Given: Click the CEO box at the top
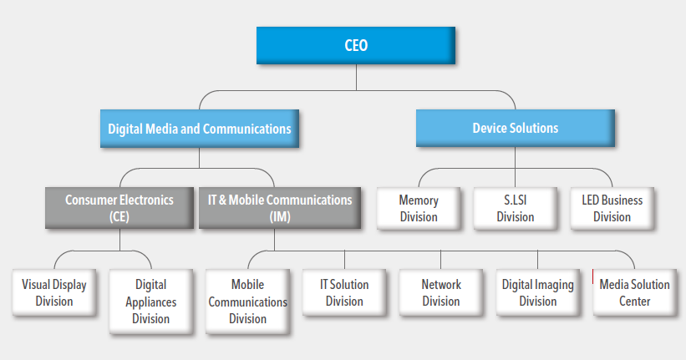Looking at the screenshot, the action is tap(356, 45).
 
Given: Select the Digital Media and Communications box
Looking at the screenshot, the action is tap(200, 129).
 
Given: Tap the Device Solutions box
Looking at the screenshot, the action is tap(516, 128).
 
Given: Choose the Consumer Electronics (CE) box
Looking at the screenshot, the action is tap(119, 208).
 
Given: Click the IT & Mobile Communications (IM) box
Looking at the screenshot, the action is tap(280, 208).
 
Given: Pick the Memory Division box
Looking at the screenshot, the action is tap(419, 208).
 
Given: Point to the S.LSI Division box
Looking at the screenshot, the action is tap(516, 208).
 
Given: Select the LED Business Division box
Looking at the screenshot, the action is tap(612, 208).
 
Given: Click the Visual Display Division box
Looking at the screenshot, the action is tap(54, 292).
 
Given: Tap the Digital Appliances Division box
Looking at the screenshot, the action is tap(151, 302).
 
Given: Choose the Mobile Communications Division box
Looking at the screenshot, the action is tap(247, 302).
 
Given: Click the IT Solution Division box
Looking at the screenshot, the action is tap(344, 292).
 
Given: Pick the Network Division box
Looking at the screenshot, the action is tap(441, 292).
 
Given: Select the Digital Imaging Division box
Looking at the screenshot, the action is tap(538, 292).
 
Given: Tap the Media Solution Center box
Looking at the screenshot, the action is tap(635, 292).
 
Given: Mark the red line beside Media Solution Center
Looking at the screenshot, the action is tap(592, 276).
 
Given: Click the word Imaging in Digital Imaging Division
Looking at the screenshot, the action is tap(553, 285).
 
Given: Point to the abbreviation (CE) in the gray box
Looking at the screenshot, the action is tap(119, 216).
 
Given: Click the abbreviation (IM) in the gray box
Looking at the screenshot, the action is tap(280, 216).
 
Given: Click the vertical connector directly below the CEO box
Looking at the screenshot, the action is tap(356, 78).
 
